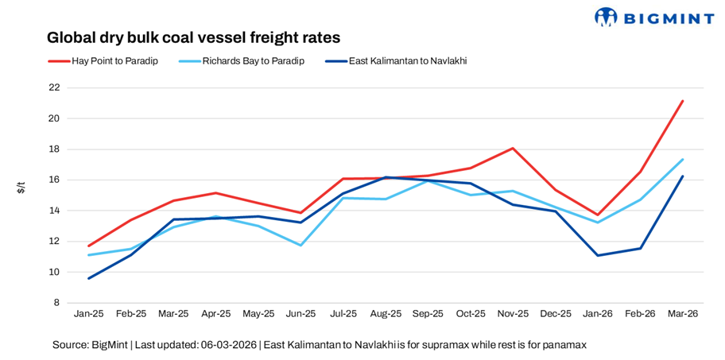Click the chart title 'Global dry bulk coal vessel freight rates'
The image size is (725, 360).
click(x=193, y=37)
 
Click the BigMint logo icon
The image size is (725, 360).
click(x=606, y=17)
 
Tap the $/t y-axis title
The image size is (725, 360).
click(x=21, y=188)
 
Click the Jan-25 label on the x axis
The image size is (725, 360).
click(x=88, y=315)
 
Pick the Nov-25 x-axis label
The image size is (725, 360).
click(x=513, y=315)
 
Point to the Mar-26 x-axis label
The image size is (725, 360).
click(x=682, y=315)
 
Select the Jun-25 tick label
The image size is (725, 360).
click(x=300, y=315)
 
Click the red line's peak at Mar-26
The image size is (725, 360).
click(x=682, y=101)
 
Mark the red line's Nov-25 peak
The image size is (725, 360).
click(x=513, y=148)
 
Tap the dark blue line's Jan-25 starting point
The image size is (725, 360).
click(x=88, y=278)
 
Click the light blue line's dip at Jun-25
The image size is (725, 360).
click(x=300, y=245)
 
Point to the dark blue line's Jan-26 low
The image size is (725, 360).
click(x=598, y=255)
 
